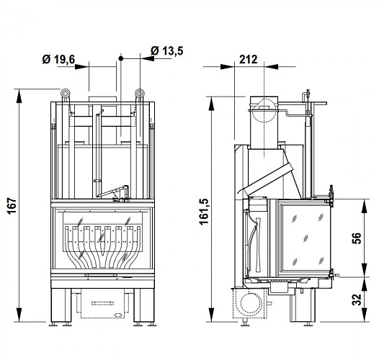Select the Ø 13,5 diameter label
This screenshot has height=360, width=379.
pos(167,50)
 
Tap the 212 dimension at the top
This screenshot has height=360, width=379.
pos(248,60)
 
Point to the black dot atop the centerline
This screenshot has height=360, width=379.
pos(122,56)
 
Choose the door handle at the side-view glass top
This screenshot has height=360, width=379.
pos(332,193)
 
